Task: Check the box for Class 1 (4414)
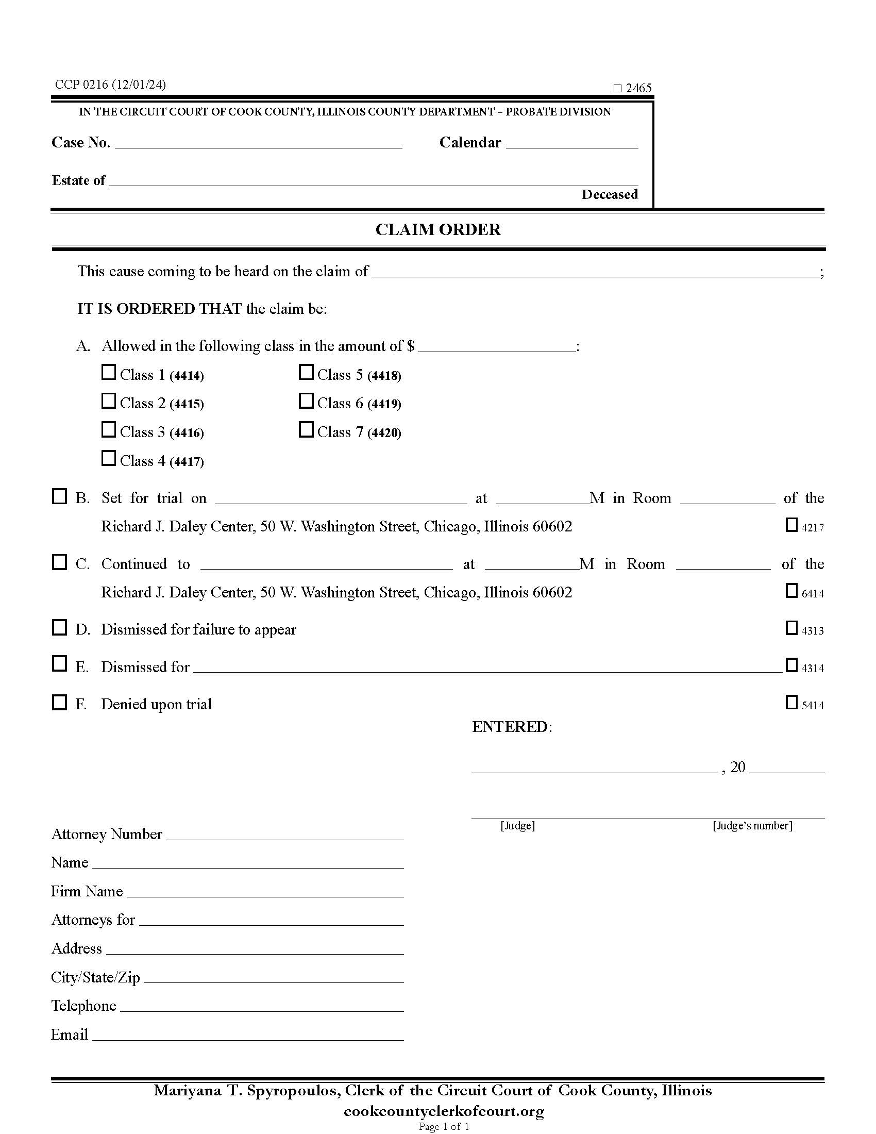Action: (x=108, y=372)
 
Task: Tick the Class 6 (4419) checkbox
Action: (x=306, y=401)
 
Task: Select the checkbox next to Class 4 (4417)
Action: (x=108, y=458)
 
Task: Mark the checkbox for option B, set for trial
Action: (x=60, y=496)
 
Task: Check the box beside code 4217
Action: (x=791, y=525)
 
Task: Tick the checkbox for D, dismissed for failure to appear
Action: (x=60, y=628)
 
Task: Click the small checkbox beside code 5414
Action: (x=791, y=703)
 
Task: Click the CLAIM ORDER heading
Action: (x=438, y=229)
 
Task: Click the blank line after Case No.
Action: (x=259, y=143)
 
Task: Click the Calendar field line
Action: (x=571, y=143)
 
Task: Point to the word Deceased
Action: (x=609, y=195)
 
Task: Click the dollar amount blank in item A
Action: (x=497, y=347)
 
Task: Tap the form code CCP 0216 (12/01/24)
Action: (x=111, y=85)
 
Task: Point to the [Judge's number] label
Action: (x=752, y=826)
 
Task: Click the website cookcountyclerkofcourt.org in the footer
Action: (x=444, y=1111)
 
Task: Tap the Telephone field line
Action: (x=262, y=1007)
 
